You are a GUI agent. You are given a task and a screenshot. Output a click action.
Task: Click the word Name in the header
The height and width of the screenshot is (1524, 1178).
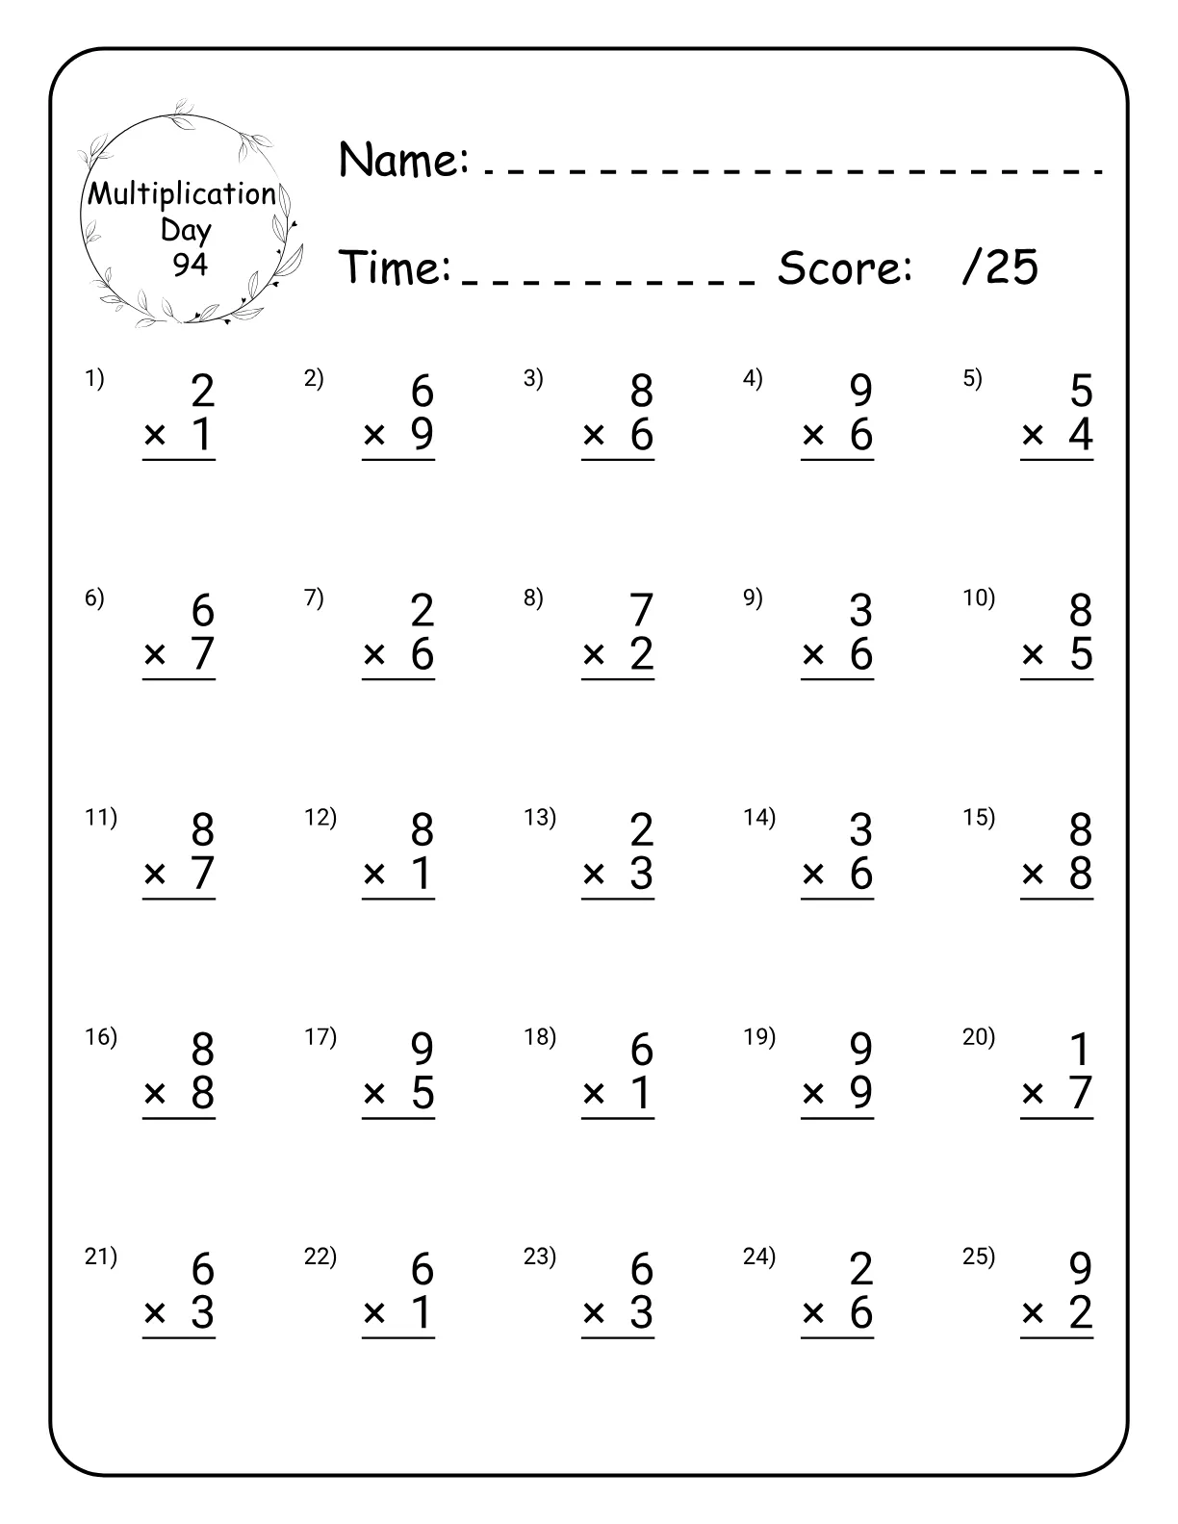[x=402, y=160]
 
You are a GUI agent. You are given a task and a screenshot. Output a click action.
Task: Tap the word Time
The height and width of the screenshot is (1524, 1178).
[x=395, y=267]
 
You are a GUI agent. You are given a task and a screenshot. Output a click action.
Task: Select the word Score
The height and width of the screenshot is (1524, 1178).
[x=844, y=267]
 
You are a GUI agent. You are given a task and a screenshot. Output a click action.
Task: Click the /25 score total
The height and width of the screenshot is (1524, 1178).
[x=1000, y=267]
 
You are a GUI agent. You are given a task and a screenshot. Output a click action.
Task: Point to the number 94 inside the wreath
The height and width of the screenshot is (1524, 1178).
[x=190, y=264]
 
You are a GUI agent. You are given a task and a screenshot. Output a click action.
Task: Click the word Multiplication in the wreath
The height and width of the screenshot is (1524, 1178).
[x=182, y=194]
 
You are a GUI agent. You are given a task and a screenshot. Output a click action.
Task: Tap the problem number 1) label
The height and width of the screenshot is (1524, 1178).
[x=94, y=379]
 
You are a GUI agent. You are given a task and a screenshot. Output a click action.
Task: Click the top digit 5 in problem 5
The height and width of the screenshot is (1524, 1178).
[x=1081, y=392]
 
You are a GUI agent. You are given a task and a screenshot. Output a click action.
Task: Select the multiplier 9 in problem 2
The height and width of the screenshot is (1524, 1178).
[x=423, y=435]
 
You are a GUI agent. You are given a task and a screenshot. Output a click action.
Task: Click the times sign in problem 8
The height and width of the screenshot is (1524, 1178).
[x=594, y=655]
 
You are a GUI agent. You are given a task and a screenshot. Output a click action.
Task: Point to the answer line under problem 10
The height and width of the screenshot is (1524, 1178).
[x=1057, y=680]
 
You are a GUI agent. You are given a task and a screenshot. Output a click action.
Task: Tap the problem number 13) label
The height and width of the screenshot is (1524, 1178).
[x=540, y=818]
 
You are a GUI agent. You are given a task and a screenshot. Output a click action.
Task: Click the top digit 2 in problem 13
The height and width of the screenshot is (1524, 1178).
[x=641, y=830]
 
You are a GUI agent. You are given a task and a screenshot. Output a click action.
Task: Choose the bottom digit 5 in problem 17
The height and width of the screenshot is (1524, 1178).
[x=423, y=1094]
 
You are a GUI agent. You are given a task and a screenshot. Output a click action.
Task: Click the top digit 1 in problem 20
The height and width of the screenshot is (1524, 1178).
[x=1081, y=1050]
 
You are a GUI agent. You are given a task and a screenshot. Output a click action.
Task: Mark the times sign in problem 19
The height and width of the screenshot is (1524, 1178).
[x=813, y=1094]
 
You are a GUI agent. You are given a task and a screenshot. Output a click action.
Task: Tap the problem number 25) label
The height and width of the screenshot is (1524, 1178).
[x=979, y=1257]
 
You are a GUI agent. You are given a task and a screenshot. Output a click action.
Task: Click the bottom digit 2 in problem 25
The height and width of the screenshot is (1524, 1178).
[x=1081, y=1313]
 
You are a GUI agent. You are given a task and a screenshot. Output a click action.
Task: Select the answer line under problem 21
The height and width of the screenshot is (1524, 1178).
[x=179, y=1338]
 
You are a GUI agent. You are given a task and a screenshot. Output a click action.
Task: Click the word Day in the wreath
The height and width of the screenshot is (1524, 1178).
[x=186, y=230]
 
